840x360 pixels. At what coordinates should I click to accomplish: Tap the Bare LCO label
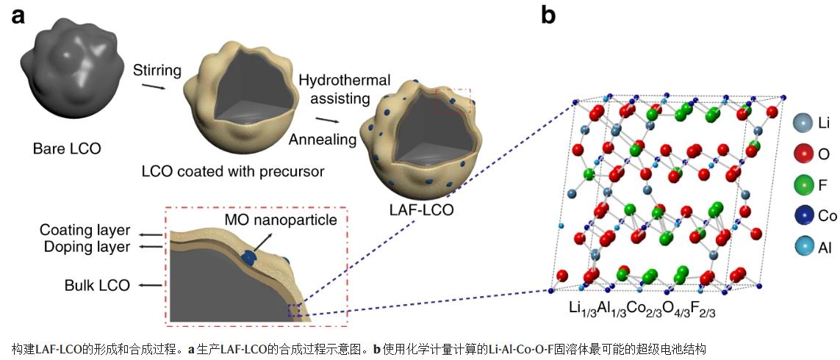pyautogui.click(x=67, y=149)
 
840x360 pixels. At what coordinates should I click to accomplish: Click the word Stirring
pyautogui.click(x=157, y=71)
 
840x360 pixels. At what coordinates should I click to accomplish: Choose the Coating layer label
pyautogui.click(x=85, y=231)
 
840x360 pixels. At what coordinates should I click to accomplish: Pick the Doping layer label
pyautogui.click(x=85, y=248)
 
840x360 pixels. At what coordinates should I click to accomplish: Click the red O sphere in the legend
pyautogui.click(x=805, y=155)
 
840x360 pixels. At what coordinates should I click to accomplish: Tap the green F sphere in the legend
pyautogui.click(x=805, y=186)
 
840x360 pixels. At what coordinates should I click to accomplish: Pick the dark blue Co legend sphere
pyautogui.click(x=805, y=217)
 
